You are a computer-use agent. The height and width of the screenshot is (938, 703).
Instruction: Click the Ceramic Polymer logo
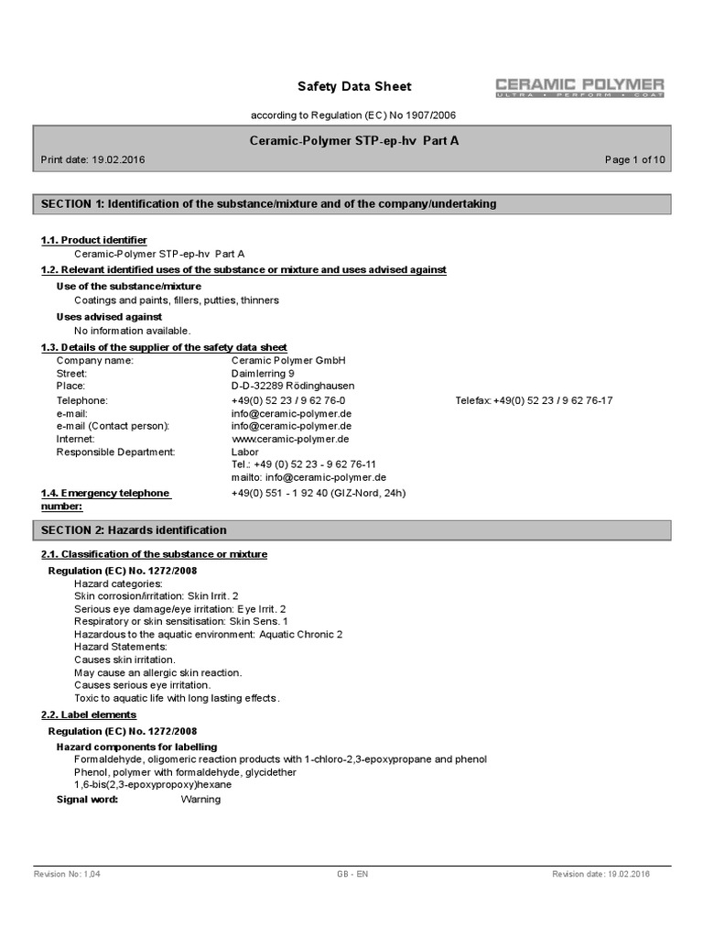[579, 88]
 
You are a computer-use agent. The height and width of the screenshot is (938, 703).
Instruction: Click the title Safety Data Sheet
[354, 87]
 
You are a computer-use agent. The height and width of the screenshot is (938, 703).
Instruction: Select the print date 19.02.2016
[118, 159]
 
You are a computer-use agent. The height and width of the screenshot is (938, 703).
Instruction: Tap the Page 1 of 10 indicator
[634, 159]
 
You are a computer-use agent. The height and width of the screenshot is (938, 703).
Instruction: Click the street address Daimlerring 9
[263, 374]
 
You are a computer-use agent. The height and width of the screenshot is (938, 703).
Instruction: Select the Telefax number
[534, 400]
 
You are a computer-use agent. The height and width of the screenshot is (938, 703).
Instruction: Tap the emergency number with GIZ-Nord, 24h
[318, 493]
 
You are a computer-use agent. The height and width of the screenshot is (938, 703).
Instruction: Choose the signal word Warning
[200, 800]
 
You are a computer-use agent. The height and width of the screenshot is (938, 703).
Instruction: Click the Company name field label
[94, 361]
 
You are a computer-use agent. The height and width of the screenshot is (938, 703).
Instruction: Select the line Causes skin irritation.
[124, 660]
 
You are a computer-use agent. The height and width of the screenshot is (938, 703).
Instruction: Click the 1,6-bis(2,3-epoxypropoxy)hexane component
[153, 785]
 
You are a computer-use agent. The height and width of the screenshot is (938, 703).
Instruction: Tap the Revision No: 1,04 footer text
[67, 875]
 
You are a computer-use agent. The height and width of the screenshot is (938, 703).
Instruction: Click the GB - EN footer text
[352, 875]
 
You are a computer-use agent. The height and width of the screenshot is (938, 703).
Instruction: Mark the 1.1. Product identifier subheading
[93, 240]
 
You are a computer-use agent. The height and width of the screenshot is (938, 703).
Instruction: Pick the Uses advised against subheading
[109, 317]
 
